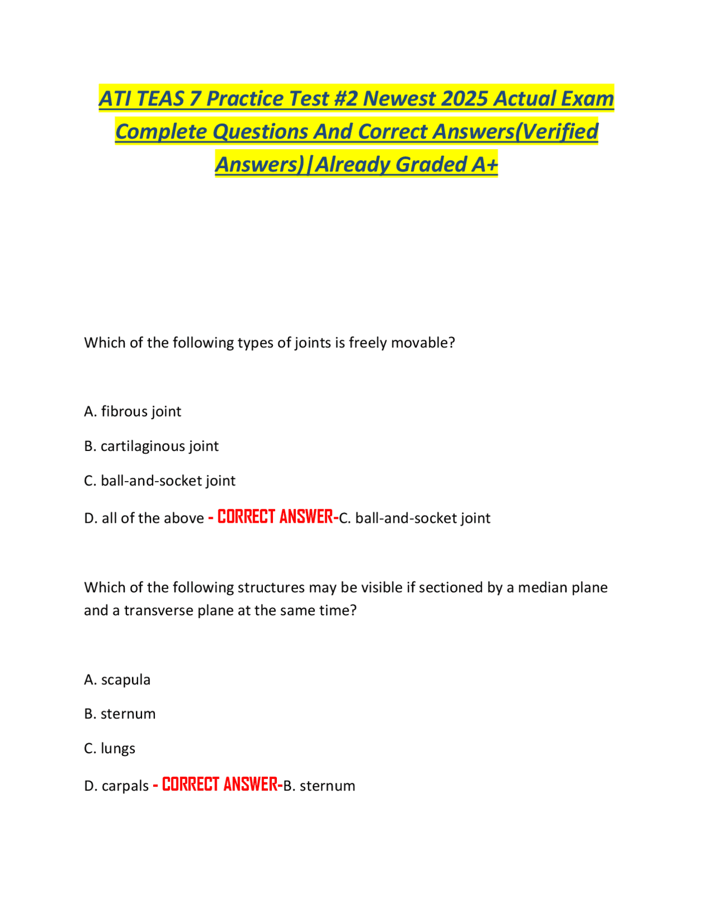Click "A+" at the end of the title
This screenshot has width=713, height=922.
pyautogui.click(x=484, y=164)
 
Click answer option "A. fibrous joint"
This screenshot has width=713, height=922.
pyautogui.click(x=133, y=411)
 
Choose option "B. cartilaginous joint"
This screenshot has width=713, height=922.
pyautogui.click(x=151, y=446)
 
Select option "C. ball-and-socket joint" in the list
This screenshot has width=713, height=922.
pyautogui.click(x=159, y=480)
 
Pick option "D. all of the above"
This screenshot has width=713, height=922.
pyautogui.click(x=144, y=518)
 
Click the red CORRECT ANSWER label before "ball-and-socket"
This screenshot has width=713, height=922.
pyautogui.click(x=275, y=517)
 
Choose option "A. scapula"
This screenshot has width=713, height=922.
pyautogui.click(x=117, y=680)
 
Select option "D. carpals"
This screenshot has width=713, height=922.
pyautogui.click(x=116, y=786)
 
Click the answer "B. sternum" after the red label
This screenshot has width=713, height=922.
pyautogui.click(x=319, y=786)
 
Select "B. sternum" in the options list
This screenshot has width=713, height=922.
pyautogui.click(x=120, y=714)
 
